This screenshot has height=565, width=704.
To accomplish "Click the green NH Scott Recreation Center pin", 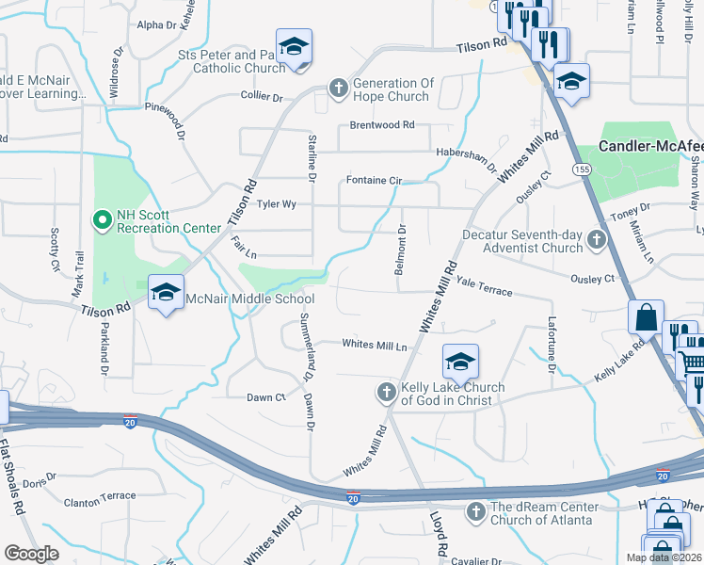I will (x=103, y=221).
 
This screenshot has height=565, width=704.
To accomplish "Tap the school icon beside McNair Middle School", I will (x=166, y=293).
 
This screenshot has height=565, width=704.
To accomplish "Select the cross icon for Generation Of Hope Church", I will (x=339, y=89).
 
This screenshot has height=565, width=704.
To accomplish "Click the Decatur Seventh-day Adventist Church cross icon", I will (x=596, y=241).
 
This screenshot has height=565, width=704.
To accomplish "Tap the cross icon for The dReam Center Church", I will (x=475, y=512).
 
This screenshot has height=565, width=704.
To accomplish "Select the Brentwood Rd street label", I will (x=382, y=124).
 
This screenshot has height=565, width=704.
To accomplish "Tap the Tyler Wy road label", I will (x=277, y=203).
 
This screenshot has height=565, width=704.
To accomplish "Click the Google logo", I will (x=32, y=554).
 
